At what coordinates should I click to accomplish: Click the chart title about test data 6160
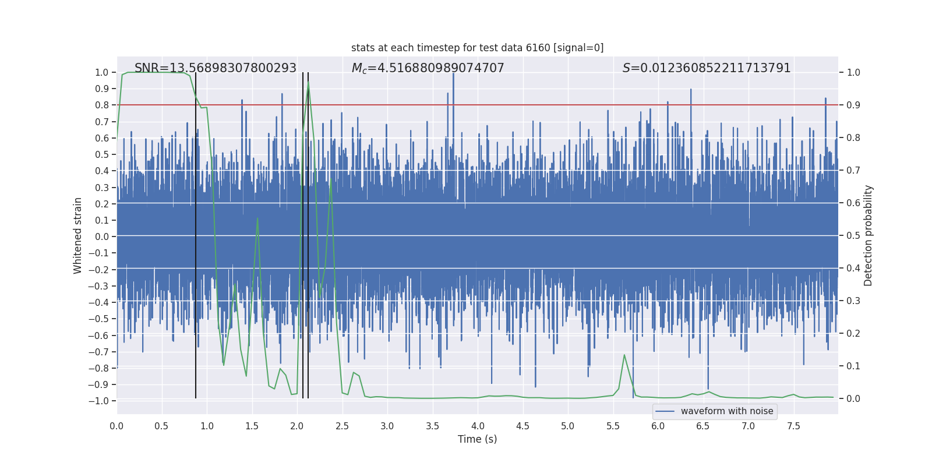(x=477, y=48)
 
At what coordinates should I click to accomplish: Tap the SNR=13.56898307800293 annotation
(x=216, y=68)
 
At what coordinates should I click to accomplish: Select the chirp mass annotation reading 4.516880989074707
(x=428, y=68)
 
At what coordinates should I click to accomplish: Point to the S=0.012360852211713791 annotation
(x=706, y=68)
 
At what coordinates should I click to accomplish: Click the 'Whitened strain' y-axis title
(x=78, y=236)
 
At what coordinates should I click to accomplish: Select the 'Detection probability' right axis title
(x=869, y=236)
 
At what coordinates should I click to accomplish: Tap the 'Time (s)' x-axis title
(x=477, y=439)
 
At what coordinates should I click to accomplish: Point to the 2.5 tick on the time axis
(x=342, y=426)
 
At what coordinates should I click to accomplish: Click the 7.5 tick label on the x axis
(x=793, y=426)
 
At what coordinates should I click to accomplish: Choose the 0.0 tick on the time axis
(x=116, y=426)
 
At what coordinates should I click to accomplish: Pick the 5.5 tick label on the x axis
(x=613, y=426)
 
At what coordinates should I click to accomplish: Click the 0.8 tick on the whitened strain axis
(x=102, y=105)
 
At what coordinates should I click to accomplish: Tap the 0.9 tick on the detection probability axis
(x=853, y=105)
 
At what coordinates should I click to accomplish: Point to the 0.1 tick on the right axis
(x=853, y=366)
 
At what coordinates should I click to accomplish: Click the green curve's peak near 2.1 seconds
(x=308, y=83)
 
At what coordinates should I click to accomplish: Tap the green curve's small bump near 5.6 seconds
(x=624, y=355)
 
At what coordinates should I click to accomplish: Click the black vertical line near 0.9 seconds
(x=196, y=233)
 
